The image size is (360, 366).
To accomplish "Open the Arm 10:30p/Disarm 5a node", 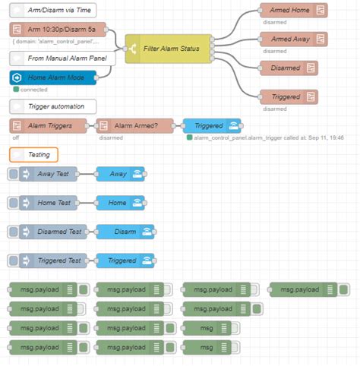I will tap(61, 30).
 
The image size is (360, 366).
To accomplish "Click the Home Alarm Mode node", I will tap(53, 77).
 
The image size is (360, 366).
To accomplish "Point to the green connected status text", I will tap(33, 89).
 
